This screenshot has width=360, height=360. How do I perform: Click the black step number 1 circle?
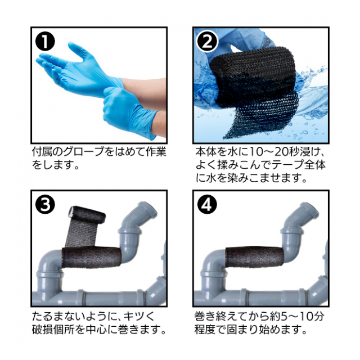[45, 41]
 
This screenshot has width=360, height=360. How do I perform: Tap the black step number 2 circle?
[208, 42]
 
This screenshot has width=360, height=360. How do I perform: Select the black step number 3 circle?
[45, 204]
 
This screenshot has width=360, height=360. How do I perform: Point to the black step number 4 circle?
[208, 204]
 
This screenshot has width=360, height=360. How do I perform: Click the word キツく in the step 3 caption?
[139, 316]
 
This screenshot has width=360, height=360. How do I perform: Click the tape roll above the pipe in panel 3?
[87, 215]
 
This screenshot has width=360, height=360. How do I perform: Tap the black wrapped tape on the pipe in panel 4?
[254, 257]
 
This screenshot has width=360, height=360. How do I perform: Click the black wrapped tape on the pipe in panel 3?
[92, 257]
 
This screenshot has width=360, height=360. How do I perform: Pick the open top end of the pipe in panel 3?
[147, 208]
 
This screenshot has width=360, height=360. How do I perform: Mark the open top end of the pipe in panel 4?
[310, 208]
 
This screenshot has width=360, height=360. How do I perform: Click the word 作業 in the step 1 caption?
[156, 152]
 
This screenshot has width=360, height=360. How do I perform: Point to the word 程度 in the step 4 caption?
[205, 330]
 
